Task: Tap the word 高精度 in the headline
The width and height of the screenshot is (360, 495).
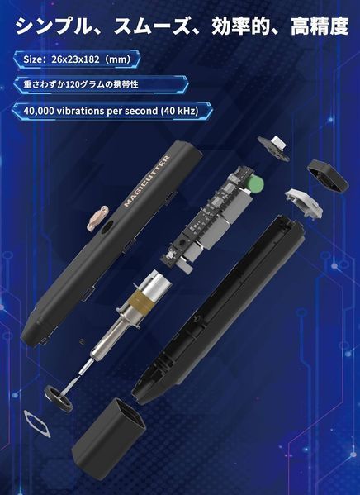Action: coord(320,26)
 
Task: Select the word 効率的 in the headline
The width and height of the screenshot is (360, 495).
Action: coord(240,26)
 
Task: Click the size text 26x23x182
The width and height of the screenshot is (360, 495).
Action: coord(76,59)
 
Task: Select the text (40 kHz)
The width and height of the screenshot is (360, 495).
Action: coord(179,111)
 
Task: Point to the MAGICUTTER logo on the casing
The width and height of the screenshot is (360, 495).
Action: coord(147,181)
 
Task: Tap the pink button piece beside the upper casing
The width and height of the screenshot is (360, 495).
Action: coord(97,217)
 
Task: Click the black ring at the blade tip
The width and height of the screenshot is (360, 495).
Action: coord(59,398)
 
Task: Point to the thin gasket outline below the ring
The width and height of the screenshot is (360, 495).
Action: coord(37,424)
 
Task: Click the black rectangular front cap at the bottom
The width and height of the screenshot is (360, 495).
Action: coord(108,436)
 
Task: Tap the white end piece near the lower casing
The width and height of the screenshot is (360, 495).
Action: coord(304,202)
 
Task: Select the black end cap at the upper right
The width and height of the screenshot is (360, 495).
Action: coord(328,175)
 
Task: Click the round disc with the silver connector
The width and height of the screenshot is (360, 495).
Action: coord(273,148)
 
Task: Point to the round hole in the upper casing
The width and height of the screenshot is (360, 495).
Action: coord(107,227)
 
